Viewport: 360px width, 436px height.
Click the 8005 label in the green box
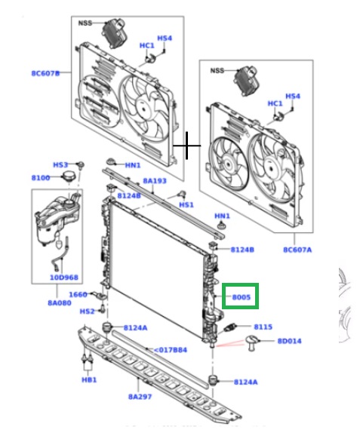[x=242, y=296]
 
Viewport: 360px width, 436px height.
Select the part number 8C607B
[x=45, y=73]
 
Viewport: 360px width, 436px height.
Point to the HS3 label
[x=60, y=164]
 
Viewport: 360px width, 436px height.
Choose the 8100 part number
[x=41, y=178]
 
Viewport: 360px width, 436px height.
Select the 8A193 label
[x=154, y=181]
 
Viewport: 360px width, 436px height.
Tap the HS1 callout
[x=186, y=204]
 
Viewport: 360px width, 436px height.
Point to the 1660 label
[x=78, y=295]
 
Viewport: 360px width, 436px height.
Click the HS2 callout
[x=88, y=311]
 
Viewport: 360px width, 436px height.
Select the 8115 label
[x=263, y=327]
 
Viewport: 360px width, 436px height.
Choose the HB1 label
[x=89, y=379]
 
